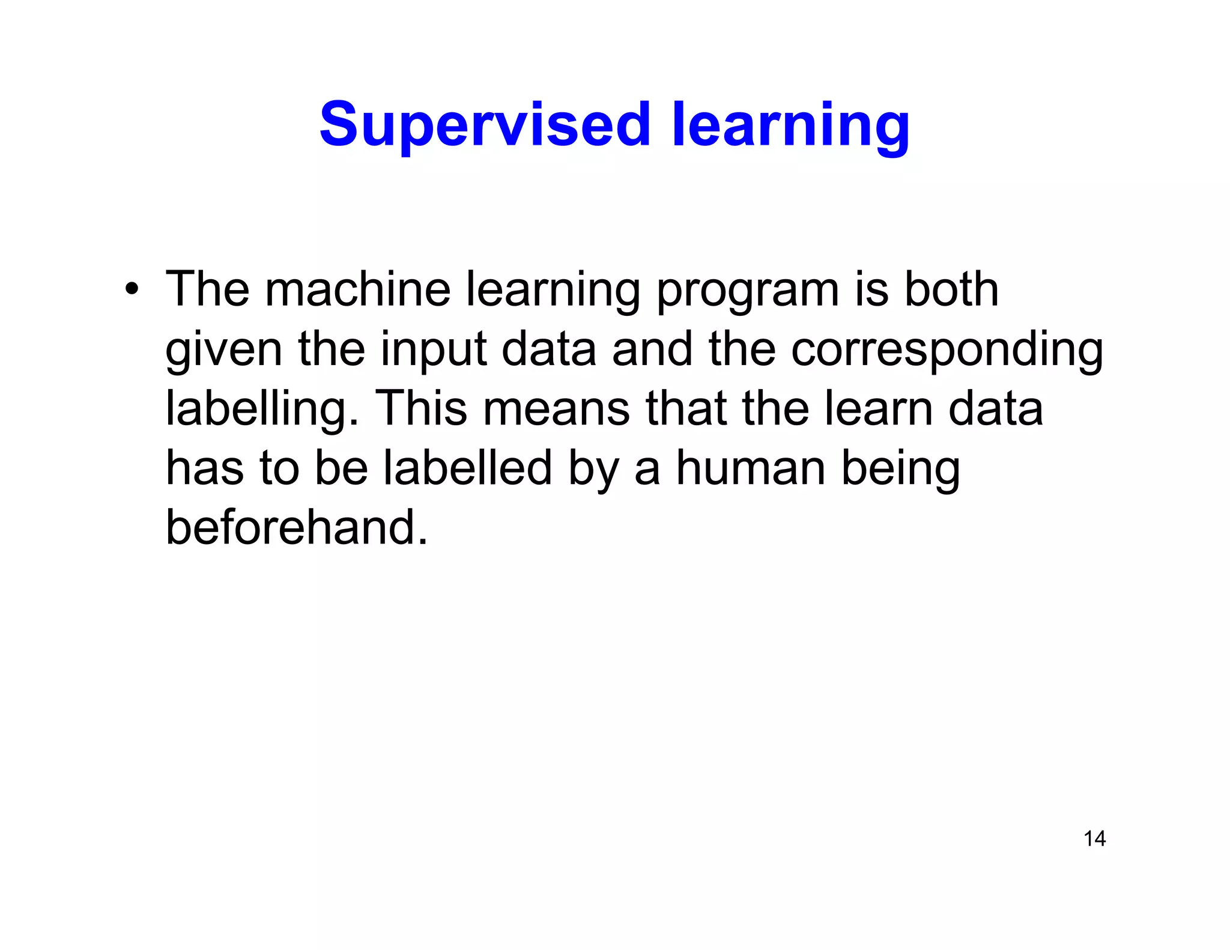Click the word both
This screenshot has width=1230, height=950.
click(951, 290)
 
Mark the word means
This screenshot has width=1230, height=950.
click(556, 409)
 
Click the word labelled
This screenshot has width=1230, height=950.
click(467, 468)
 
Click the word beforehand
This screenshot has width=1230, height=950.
click(297, 527)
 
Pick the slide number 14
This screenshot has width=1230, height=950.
click(1094, 838)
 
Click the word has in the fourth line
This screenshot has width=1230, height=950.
click(204, 468)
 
